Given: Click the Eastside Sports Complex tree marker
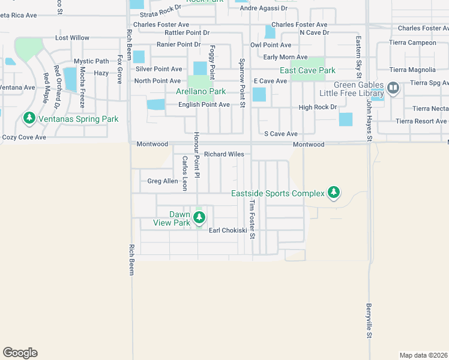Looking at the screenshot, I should pyautogui.click(x=334, y=193).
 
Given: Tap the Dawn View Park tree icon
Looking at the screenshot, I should pyautogui.click(x=199, y=218).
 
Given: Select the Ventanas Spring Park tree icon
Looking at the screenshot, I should pyautogui.click(x=29, y=119).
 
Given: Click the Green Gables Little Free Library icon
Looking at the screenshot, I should pyautogui.click(x=393, y=89).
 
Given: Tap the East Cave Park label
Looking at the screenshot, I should pyautogui.click(x=307, y=70).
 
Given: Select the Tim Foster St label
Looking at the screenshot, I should pyautogui.click(x=253, y=218).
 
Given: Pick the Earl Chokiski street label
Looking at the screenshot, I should pyautogui.click(x=228, y=230).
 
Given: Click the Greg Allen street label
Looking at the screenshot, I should pyautogui.click(x=163, y=181).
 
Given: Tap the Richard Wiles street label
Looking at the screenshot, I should pyautogui.click(x=224, y=154).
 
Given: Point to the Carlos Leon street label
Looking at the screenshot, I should pyautogui.click(x=185, y=173).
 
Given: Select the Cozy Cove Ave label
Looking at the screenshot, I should pyautogui.click(x=24, y=137).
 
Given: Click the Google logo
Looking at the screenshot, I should pyautogui.click(x=20, y=353).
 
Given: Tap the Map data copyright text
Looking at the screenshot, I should pyautogui.click(x=423, y=355).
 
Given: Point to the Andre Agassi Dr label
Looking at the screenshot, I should pyautogui.click(x=264, y=8).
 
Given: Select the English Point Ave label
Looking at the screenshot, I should pyautogui.click(x=203, y=104).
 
